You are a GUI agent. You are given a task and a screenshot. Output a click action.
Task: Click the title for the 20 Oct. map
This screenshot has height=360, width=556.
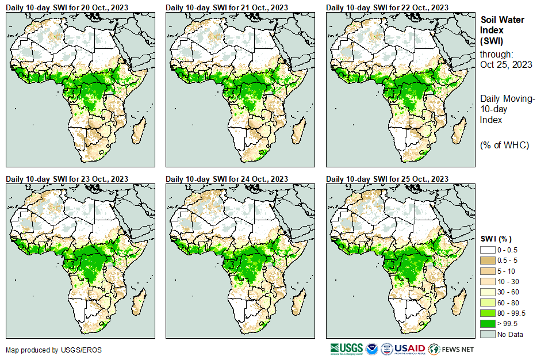pos(67,7)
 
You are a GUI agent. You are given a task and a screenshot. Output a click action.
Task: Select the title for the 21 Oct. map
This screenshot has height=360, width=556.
pos(227,7)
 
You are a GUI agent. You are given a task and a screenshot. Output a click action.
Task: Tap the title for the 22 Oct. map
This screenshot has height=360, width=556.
pos(387,7)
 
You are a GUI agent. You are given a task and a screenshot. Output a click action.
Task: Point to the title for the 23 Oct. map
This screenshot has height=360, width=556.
pos(67,179)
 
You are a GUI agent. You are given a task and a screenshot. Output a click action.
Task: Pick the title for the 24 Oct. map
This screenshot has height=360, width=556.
pos(227,179)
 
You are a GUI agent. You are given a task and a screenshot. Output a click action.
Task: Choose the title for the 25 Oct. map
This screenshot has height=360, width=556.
pos(387,179)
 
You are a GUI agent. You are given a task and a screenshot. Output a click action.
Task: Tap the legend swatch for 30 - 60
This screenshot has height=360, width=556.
pos(488,292)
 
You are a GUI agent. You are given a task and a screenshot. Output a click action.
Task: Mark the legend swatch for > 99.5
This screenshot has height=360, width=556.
pos(488,324)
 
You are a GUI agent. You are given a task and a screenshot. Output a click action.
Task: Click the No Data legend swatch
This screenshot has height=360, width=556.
pos(488,334)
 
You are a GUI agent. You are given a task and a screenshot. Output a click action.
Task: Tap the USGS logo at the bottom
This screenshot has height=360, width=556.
pos(346,348)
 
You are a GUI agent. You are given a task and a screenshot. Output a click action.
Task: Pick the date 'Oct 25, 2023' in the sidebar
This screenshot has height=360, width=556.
pos(506,64)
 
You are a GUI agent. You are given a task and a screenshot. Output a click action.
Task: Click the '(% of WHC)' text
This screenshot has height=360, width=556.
pos(504,145)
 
